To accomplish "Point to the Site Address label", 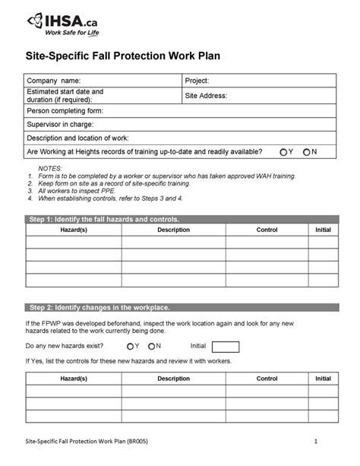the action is coord(207,96).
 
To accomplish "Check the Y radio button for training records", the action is coord(284,152).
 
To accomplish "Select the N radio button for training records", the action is coord(307,152).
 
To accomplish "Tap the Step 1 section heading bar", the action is coord(180,219).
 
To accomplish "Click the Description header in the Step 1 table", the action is coord(173,229).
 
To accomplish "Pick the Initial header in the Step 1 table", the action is coord(322,229).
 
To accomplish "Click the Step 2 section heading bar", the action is coord(180,307).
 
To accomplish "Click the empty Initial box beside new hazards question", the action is coord(226,347).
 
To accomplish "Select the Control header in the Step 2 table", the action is coord(267,378).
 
